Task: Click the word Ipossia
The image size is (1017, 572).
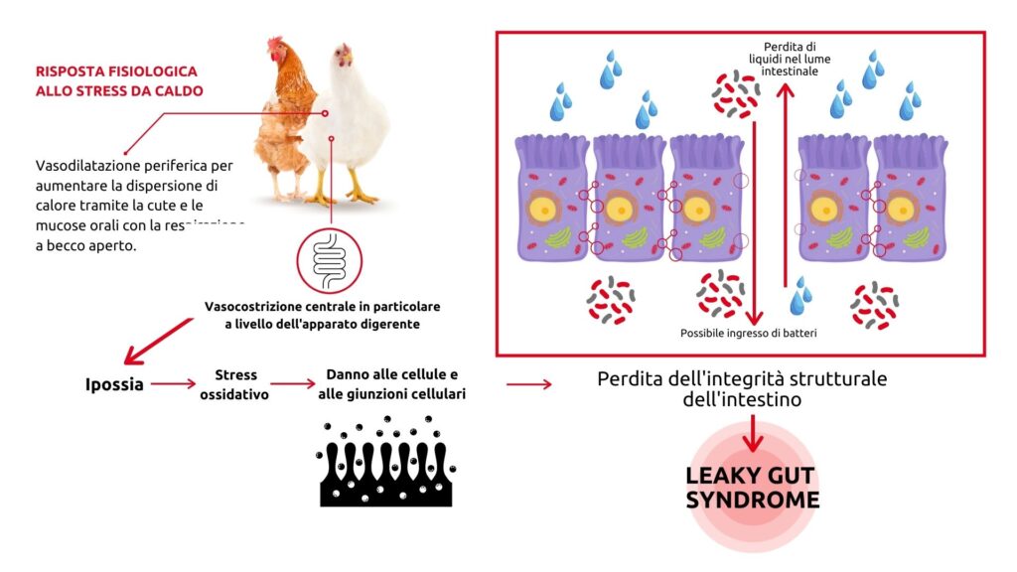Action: click(x=114, y=383)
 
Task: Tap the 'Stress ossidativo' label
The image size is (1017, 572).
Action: click(x=235, y=384)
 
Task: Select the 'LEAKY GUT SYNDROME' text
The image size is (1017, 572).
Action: click(x=753, y=488)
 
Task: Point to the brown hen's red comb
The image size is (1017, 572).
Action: click(x=275, y=45)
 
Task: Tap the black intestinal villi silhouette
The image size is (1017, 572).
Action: click(x=386, y=467)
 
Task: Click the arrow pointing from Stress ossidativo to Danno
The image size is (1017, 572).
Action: click(x=293, y=383)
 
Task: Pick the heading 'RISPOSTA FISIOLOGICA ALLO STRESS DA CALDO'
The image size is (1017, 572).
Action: click(x=118, y=81)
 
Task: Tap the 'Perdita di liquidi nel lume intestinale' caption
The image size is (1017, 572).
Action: click(x=790, y=60)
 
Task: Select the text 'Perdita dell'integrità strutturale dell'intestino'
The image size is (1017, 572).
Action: click(x=741, y=389)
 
